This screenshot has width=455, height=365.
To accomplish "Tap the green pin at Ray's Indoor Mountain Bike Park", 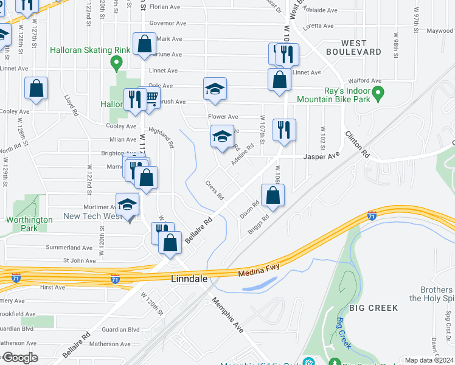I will coord(378,94).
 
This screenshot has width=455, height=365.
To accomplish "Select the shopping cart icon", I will coord(150,97).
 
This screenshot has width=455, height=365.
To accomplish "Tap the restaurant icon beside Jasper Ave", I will coord(284,130).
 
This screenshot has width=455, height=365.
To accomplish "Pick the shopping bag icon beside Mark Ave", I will coord(144,44).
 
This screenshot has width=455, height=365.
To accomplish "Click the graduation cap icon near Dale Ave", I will coord(215,89).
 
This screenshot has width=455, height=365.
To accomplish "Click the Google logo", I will coord(20,358).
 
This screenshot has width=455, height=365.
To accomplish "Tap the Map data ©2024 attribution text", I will coord(429,360).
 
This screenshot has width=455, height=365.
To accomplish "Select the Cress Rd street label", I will coord(215,190).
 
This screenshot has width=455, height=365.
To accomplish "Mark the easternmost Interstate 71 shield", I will coord(372,215).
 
